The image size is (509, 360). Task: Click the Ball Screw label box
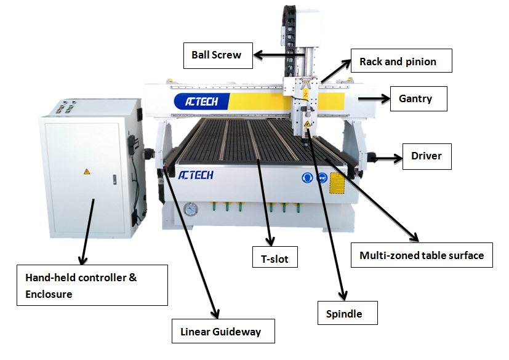coord(216,55)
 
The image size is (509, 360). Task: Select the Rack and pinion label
coord(402,61)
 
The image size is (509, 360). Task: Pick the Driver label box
coord(427,156)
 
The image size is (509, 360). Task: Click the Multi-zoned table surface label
coord(422,255)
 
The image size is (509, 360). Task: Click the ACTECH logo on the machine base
coord(196,176)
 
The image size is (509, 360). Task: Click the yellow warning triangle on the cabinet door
coord(87,171)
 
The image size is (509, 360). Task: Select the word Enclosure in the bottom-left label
coord(49,294)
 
